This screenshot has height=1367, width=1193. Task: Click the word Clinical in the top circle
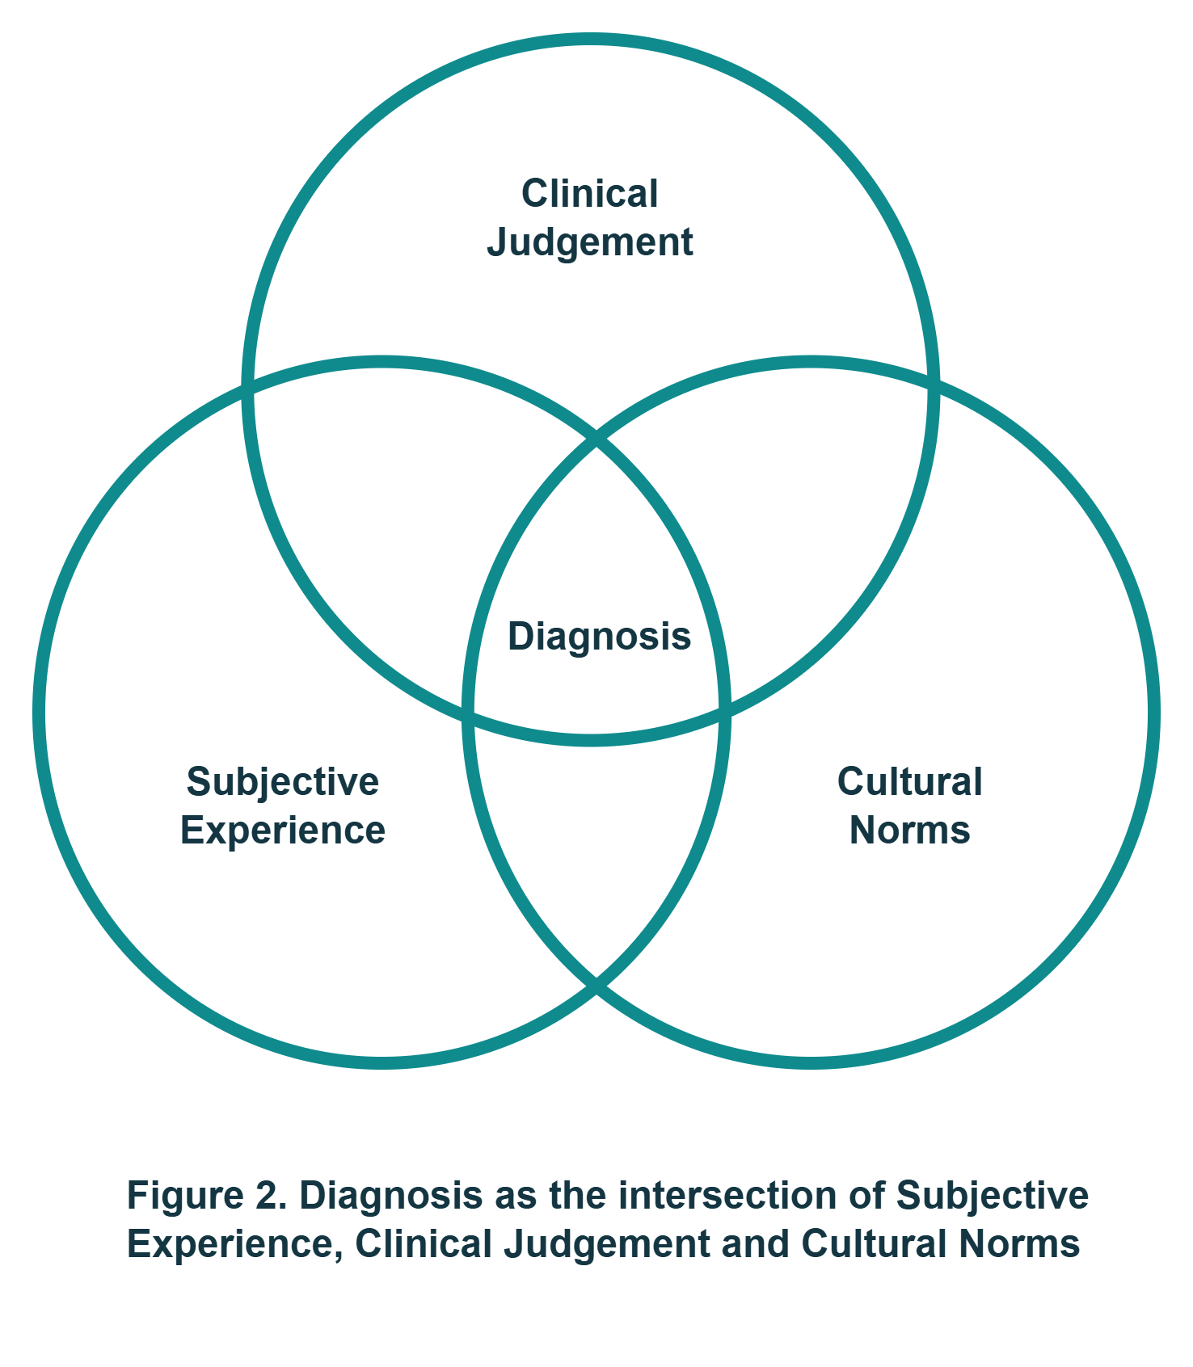click(590, 194)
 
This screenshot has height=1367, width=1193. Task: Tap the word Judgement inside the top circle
click(590, 242)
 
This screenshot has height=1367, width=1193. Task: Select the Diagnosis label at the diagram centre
click(599, 637)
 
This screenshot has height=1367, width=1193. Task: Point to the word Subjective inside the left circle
click(283, 782)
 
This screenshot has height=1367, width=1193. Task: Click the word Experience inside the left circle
click(283, 831)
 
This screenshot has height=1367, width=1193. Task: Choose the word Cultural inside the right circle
click(909, 782)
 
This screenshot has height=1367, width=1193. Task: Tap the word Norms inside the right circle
click(909, 831)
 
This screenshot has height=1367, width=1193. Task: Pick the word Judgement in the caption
click(606, 1244)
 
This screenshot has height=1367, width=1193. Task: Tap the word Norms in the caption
click(1019, 1244)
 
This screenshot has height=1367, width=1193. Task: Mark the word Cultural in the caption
click(873, 1244)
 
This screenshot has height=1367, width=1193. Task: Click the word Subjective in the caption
click(992, 1196)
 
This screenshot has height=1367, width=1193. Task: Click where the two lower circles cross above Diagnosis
click(596, 439)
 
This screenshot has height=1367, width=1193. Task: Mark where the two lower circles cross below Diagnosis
click(596, 986)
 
